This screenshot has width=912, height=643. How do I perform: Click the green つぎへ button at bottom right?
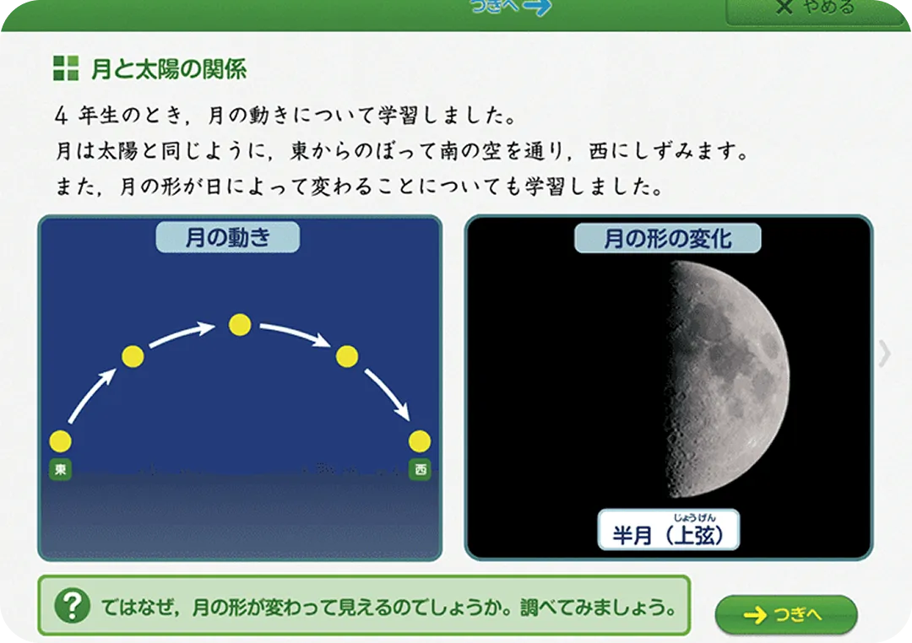(786, 614)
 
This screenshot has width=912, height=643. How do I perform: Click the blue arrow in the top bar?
(537, 7)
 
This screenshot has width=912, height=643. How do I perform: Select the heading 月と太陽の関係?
(169, 68)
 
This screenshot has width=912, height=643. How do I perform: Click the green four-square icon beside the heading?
(66, 68)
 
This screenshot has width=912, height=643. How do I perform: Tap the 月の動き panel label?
(227, 237)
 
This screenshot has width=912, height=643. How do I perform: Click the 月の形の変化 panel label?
(668, 238)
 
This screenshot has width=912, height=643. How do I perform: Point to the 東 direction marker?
(61, 469)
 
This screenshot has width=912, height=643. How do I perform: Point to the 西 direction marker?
(420, 469)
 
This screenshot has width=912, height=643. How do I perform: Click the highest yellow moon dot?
(240, 325)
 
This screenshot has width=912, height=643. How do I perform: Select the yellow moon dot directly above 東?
(61, 441)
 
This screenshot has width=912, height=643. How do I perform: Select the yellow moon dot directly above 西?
(420, 441)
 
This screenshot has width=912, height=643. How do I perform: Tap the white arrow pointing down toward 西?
(388, 394)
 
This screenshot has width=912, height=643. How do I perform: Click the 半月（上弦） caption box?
(668, 530)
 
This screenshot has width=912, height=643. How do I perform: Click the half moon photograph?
(727, 379)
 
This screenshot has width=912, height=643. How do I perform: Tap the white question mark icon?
(72, 606)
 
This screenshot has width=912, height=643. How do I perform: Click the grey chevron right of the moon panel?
(885, 354)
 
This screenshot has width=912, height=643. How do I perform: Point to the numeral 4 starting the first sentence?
(62, 115)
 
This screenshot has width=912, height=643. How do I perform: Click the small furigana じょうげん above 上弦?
(694, 517)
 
